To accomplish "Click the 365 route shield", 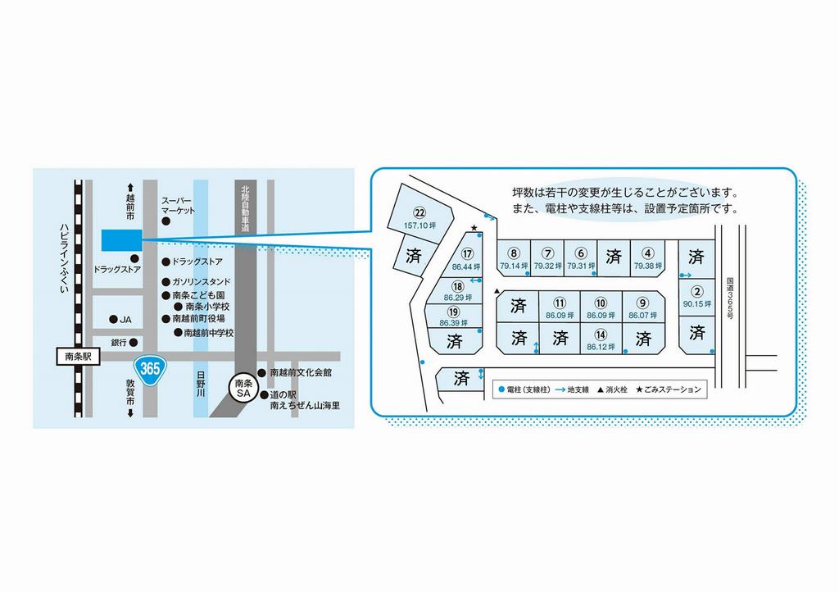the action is pos(150,369).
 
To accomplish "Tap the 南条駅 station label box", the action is pos(78,357).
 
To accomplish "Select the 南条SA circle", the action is pos(243,388).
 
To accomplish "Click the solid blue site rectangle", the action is pos(122,239).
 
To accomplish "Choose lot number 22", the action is pos(420,213).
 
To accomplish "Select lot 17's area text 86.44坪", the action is pos(466,266).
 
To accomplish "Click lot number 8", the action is pos(514,253).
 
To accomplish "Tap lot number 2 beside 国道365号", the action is pos(696,292).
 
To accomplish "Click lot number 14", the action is pos(601,335).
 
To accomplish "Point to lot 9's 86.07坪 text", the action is pos(642,316).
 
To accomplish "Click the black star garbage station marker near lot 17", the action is pos(474,228).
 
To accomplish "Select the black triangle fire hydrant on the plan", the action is pos(497,291).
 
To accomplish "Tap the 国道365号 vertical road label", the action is pos(730,298).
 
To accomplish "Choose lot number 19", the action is pos(454,312).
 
